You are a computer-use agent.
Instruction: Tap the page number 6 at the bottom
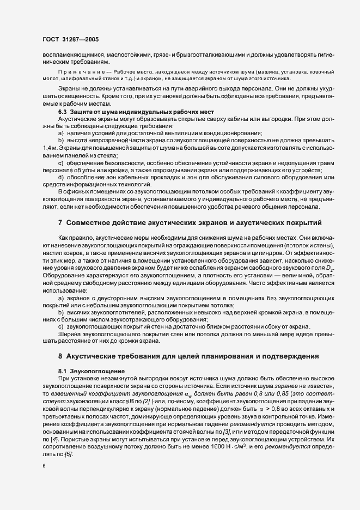[44, 466]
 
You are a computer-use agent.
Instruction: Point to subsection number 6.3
[63, 112]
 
